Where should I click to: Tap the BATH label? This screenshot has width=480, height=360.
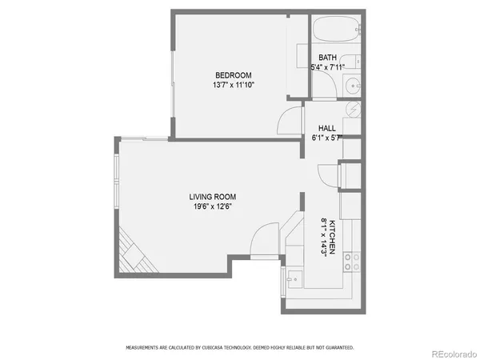327,58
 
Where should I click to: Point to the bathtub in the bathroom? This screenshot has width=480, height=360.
335,32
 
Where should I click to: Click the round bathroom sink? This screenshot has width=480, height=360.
353,86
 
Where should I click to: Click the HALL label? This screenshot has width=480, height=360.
326,128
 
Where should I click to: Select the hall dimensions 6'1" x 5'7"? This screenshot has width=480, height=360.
326,138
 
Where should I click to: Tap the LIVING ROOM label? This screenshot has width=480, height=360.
212,197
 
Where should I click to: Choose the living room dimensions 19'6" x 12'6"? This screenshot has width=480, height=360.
212,206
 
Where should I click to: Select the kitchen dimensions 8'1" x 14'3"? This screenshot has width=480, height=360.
323,238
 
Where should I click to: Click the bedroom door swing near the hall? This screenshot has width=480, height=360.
289,122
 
